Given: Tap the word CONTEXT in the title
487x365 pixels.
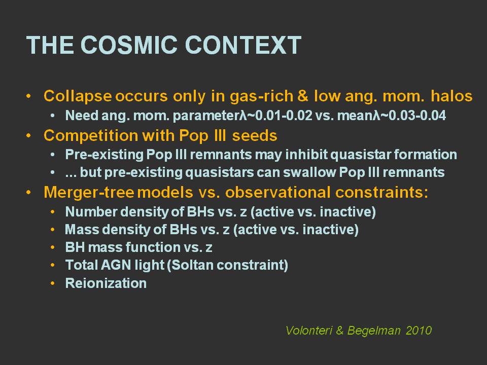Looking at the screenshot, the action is click(x=243, y=45).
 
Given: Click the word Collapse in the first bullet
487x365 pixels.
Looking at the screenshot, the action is click(x=78, y=96).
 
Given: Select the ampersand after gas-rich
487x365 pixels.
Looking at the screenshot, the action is click(x=303, y=96).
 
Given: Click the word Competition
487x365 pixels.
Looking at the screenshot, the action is click(x=91, y=136).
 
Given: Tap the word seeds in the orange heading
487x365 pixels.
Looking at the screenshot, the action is click(x=255, y=136).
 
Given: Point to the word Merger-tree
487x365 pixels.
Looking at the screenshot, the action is click(x=89, y=192).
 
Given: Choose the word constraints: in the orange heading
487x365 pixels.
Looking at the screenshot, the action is click(x=381, y=192).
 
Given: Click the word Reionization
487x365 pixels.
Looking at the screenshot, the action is click(x=106, y=283).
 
